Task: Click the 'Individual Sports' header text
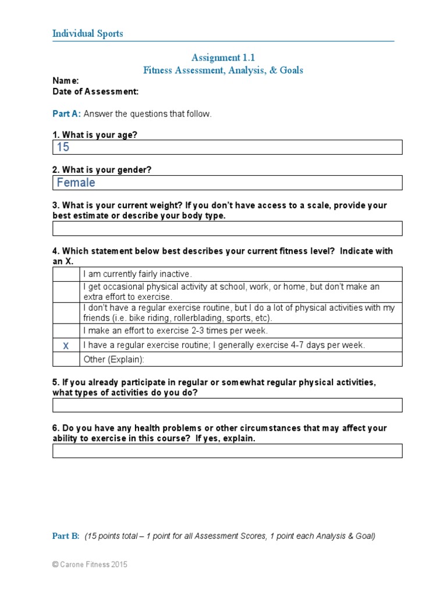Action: pyautogui.click(x=88, y=34)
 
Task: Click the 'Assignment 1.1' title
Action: pyautogui.click(x=223, y=57)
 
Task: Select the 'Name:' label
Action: pyautogui.click(x=66, y=81)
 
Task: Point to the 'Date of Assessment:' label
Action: pyautogui.click(x=95, y=91)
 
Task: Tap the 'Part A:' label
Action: pyautogui.click(x=67, y=114)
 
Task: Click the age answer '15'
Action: pyautogui.click(x=63, y=147)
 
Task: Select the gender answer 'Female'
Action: pyautogui.click(x=76, y=183)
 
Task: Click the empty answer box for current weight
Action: pyautogui.click(x=227, y=228)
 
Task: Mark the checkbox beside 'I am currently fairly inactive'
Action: pyautogui.click(x=66, y=274)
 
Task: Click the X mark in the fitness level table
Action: pyautogui.click(x=66, y=346)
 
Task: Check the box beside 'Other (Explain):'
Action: pyautogui.click(x=66, y=359)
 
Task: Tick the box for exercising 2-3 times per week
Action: pyautogui.click(x=66, y=331)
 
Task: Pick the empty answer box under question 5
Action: pyautogui.click(x=227, y=405)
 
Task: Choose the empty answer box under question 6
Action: pyautogui.click(x=227, y=450)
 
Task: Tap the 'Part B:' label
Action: pyautogui.click(x=66, y=536)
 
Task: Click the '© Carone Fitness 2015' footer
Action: pyautogui.click(x=90, y=565)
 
